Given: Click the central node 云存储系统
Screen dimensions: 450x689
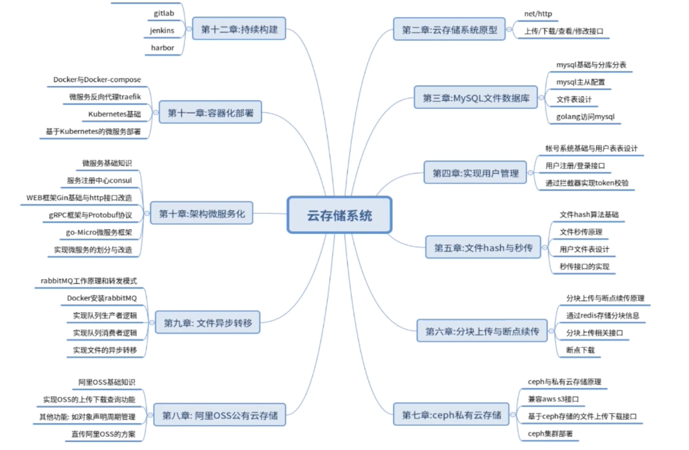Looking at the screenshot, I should (x=339, y=215).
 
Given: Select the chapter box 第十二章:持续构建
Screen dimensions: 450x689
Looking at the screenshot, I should (x=239, y=29).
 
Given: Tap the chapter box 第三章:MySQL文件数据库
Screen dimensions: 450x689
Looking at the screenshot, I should (x=476, y=98).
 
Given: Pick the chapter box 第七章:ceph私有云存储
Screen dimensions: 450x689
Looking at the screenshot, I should (x=451, y=415).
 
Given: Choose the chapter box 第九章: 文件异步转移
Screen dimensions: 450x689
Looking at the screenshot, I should (x=208, y=323).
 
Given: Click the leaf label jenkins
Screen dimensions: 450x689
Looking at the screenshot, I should (x=162, y=30).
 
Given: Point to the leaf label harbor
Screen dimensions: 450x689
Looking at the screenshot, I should (x=162, y=48).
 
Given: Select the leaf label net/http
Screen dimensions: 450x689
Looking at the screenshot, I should (x=538, y=14).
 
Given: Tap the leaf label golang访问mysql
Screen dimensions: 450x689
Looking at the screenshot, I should (x=585, y=117).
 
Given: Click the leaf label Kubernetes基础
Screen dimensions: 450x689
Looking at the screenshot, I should (x=114, y=114).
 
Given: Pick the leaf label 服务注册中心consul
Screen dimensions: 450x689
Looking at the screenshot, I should (x=99, y=180).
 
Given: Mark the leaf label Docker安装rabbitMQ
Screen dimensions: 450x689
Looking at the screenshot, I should (x=102, y=298).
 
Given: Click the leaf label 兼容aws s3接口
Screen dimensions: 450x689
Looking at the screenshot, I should (x=553, y=399).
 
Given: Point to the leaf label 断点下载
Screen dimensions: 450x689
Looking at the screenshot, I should (x=580, y=350).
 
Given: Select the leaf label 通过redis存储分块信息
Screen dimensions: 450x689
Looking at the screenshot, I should (x=603, y=315).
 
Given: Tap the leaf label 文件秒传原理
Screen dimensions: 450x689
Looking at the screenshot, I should (x=581, y=232).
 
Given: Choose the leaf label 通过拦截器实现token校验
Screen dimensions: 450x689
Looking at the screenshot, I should (x=587, y=183).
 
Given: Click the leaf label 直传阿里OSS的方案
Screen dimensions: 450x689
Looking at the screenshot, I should (x=103, y=434).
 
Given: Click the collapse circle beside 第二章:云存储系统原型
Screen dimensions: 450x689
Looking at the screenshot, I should (x=509, y=29).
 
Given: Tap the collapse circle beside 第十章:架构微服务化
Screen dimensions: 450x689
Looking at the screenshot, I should (x=147, y=213).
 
